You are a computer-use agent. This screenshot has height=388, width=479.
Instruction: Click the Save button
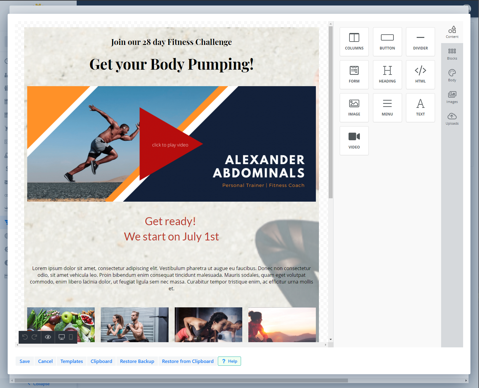click(x=24, y=361)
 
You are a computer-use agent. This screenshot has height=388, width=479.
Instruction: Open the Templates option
click(x=71, y=361)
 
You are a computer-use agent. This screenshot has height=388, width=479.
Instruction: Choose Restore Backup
click(x=137, y=361)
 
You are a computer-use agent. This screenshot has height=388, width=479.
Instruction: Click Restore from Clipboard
click(x=188, y=361)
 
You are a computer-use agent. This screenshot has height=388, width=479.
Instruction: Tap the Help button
click(x=229, y=361)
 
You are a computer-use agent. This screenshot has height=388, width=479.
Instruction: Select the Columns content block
click(x=354, y=42)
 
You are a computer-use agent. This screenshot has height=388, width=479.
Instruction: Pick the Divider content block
click(x=420, y=42)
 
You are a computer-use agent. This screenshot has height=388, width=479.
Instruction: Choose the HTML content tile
click(x=420, y=75)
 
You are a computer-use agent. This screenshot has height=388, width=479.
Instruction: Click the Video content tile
click(x=354, y=141)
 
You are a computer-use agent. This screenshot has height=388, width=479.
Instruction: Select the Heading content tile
click(x=387, y=75)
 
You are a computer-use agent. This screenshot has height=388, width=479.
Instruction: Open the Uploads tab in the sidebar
click(x=452, y=119)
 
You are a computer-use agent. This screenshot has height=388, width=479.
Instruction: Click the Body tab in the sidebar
click(x=452, y=75)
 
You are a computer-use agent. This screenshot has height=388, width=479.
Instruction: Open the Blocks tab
click(x=452, y=54)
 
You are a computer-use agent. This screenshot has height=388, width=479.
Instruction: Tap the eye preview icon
click(x=48, y=337)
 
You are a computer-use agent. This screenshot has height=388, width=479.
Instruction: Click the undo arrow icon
click(x=25, y=337)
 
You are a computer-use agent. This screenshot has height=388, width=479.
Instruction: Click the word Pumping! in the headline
click(x=221, y=65)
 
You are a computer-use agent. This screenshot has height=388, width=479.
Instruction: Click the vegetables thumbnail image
click(x=61, y=325)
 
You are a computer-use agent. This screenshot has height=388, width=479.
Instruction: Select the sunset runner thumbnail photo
click(x=282, y=325)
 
